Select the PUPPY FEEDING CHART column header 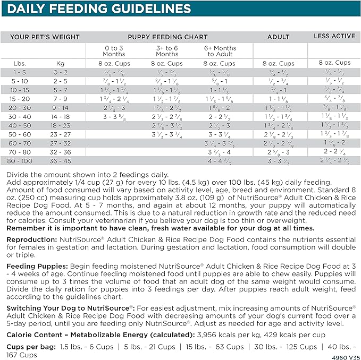pyautogui.click(x=167, y=37)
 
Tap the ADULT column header pyautogui.click(x=278, y=37)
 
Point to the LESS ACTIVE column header pyautogui.click(x=334, y=36)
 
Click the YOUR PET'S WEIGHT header pyautogui.click(x=45, y=37)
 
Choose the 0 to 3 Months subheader pyautogui.click(x=114, y=51)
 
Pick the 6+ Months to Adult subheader pyautogui.click(x=220, y=51)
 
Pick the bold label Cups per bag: pyautogui.click(x=30, y=346)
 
